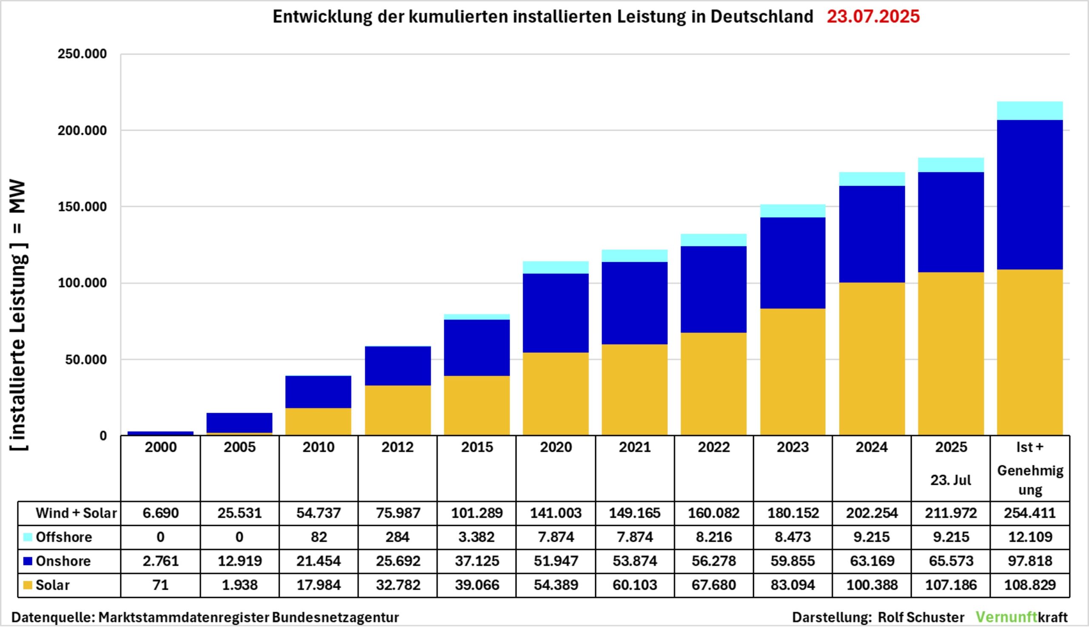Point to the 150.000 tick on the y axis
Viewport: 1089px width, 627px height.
[82, 207]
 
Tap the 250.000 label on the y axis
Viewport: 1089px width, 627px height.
[82, 54]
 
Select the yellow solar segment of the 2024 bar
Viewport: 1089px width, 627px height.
[872, 359]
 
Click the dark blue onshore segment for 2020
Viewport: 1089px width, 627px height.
[556, 313]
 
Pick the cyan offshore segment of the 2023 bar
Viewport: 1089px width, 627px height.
[793, 211]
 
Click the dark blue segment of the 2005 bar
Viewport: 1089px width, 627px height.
[239, 423]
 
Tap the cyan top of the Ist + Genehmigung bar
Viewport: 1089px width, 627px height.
[1030, 111]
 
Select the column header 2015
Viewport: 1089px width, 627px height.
[476, 448]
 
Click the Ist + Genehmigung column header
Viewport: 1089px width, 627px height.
[1030, 468]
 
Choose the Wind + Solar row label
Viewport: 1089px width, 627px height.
[76, 514]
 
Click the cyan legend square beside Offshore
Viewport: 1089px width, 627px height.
[28, 537]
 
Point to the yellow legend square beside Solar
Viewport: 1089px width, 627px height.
[28, 585]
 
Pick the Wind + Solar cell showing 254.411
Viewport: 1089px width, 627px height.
[1030, 514]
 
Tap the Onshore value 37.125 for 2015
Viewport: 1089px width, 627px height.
[476, 561]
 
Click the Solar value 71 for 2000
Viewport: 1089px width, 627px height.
[160, 585]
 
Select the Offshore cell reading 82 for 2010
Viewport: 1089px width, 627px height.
[319, 537]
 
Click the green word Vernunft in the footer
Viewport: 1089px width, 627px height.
[1006, 617]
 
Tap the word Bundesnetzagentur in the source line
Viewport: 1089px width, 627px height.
[335, 617]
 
